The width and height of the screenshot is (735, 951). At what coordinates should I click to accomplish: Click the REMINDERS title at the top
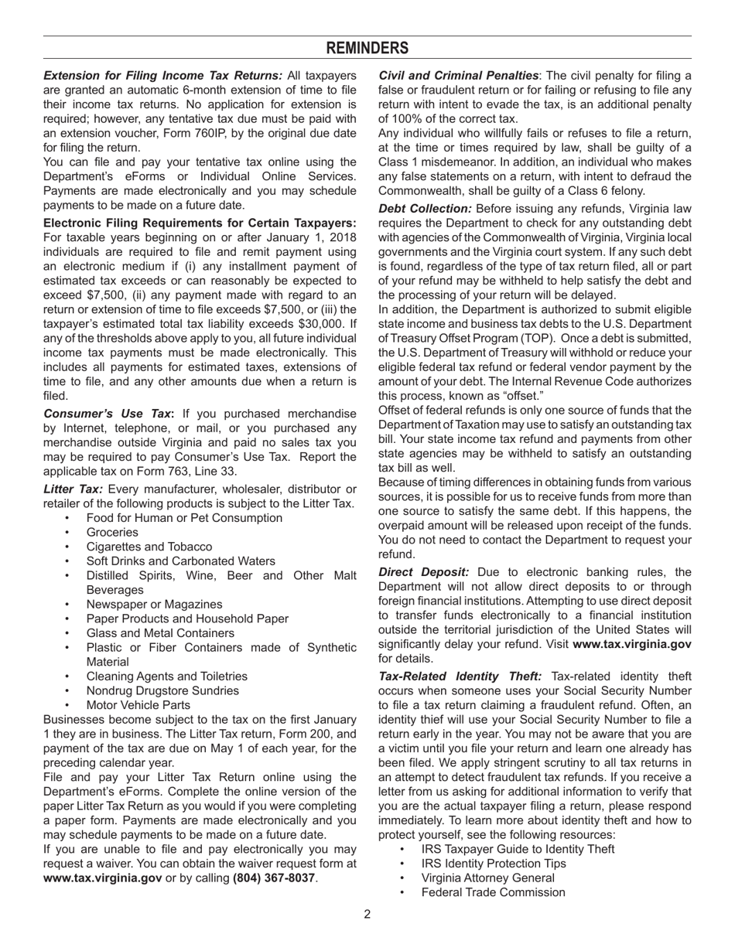pyautogui.click(x=367, y=48)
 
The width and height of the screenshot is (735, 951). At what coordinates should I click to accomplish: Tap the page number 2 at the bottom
pyautogui.click(x=367, y=915)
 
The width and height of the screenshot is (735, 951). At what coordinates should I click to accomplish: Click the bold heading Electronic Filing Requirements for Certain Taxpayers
pyautogui.click(x=200, y=223)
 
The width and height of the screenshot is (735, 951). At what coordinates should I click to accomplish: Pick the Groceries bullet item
pyautogui.click(x=112, y=532)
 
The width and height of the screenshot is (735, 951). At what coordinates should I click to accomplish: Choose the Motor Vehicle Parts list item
pyautogui.click(x=138, y=705)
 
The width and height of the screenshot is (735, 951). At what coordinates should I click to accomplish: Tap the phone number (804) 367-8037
pyautogui.click(x=274, y=878)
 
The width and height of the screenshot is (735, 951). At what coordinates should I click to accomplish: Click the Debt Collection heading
pyautogui.click(x=425, y=209)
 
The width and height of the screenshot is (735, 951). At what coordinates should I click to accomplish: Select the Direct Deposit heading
pyautogui.click(x=423, y=572)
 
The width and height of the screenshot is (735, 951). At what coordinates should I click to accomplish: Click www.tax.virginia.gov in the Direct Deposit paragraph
pyautogui.click(x=631, y=644)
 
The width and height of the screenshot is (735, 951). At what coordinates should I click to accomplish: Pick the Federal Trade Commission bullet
pyautogui.click(x=493, y=892)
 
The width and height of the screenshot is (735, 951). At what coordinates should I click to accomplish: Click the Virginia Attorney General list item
pyautogui.click(x=487, y=878)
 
